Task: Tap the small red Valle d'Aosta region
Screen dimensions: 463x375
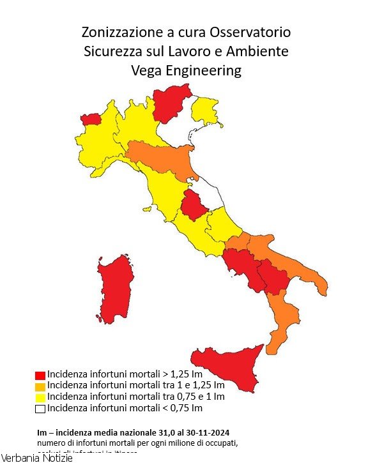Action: coord(91,119)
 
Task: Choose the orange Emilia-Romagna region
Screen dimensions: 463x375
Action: coord(163,156)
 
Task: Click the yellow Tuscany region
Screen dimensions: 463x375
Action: coord(163,188)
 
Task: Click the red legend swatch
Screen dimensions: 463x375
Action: coord(40,375)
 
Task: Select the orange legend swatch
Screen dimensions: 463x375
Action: coord(40,386)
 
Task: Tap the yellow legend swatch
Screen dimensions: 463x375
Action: coord(40,397)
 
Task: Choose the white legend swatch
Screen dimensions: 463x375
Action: coord(40,408)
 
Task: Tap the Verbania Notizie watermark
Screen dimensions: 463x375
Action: coord(37,457)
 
